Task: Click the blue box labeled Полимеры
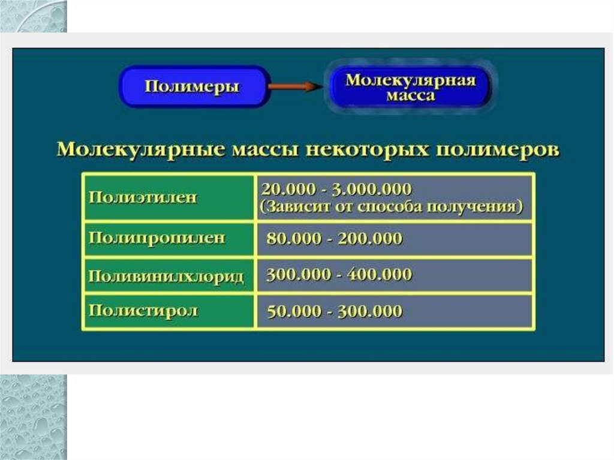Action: (x=192, y=86)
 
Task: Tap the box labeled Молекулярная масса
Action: (x=410, y=86)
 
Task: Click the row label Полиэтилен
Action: (x=143, y=197)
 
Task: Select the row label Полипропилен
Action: (x=157, y=238)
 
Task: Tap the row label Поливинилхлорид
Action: (x=166, y=276)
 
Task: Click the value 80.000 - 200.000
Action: (x=334, y=239)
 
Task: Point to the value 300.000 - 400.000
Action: (x=339, y=275)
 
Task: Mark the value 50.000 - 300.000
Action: (x=334, y=312)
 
